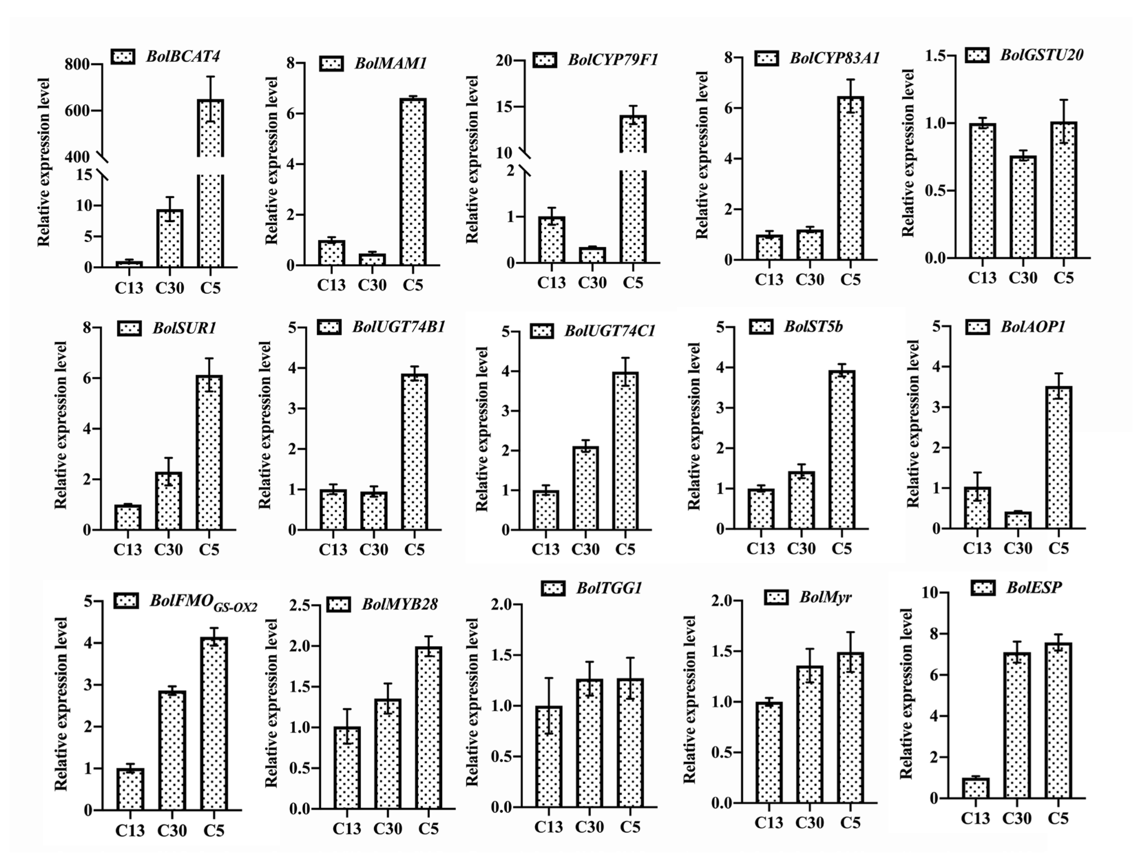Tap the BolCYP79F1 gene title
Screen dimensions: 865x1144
(x=613, y=60)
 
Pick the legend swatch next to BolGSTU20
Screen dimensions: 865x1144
(x=977, y=55)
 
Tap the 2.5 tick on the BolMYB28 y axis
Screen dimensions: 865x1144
(x=300, y=605)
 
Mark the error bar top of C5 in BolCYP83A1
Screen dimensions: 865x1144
(x=850, y=80)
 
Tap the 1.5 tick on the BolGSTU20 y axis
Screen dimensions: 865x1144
(x=936, y=56)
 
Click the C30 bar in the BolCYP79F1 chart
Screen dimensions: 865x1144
(x=592, y=255)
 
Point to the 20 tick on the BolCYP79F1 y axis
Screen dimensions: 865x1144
(x=504, y=61)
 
